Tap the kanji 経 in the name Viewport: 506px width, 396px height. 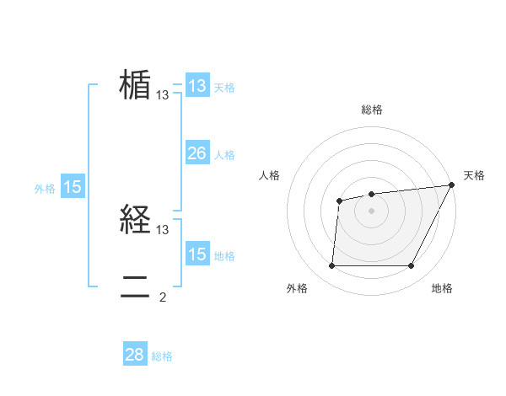[135, 222]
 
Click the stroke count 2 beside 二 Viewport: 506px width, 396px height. [163, 297]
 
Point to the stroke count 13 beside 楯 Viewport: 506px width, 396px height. [163, 95]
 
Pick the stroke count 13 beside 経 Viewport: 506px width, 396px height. [163, 229]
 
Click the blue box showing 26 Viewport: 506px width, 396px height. [196, 153]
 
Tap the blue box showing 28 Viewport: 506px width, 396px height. [135, 355]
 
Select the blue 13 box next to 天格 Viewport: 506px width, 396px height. [196, 86]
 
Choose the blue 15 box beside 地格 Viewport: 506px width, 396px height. [196, 254]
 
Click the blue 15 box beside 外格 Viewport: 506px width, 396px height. [73, 187]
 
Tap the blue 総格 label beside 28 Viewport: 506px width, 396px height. [162, 356]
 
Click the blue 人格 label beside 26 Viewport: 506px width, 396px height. [224, 155]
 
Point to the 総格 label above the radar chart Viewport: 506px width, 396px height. [371, 110]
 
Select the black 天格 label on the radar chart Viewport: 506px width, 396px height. [474, 175]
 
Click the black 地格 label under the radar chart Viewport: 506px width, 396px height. [442, 288]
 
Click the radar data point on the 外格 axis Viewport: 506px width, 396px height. [331, 265]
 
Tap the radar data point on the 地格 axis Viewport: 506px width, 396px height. [412, 265]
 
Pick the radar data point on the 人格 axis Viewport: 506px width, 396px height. [339, 201]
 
